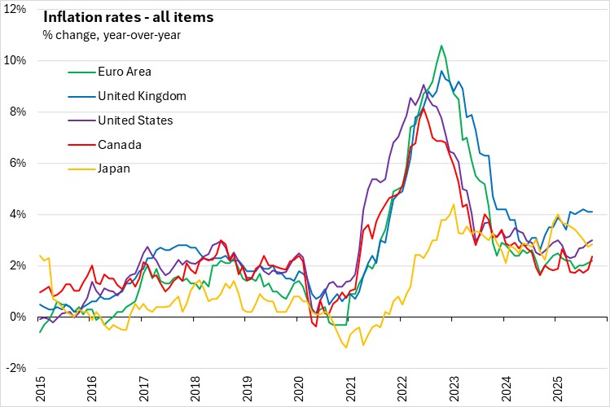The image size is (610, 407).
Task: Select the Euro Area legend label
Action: click(126, 72)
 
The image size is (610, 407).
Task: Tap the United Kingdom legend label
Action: click(142, 96)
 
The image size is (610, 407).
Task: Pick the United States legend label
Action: click(135, 120)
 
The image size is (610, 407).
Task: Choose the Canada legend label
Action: click(120, 145)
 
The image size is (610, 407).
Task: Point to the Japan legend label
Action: click(115, 169)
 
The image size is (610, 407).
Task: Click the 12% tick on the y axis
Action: click(16, 10)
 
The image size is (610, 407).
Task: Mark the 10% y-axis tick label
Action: click(16, 61)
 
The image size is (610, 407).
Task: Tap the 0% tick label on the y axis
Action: click(20, 317)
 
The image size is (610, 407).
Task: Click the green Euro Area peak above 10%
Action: click(441, 46)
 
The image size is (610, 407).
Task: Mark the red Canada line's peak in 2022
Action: click(423, 107)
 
